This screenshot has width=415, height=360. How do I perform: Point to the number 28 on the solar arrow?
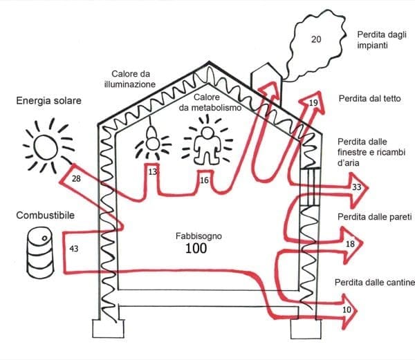pos(77,180)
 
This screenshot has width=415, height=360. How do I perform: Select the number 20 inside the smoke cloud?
pos(316,39)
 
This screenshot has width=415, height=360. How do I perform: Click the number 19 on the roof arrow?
pos(313,103)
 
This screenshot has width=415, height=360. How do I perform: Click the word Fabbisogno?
pos(200,236)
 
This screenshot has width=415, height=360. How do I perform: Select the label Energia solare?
pos(48,101)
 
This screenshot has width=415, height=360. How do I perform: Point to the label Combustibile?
pos(46,216)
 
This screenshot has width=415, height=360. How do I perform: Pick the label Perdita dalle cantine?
pos(374,283)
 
